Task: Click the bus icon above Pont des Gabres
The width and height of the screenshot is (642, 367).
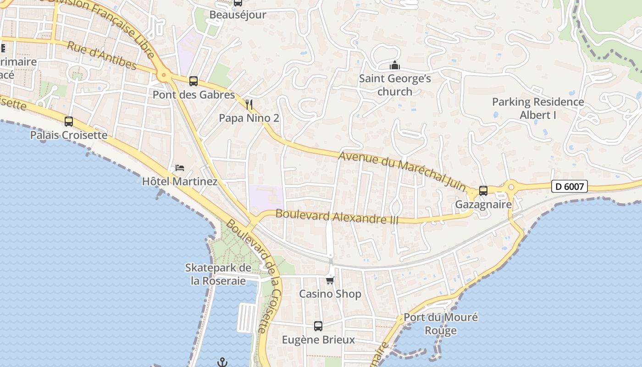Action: tap(194, 81)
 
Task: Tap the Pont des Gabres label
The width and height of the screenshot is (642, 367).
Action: tap(194, 95)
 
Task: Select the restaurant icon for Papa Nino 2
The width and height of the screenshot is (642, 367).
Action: tap(249, 105)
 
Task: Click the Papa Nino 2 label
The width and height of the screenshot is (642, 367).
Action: tap(249, 118)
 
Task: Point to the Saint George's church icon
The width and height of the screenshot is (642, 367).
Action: tap(395, 66)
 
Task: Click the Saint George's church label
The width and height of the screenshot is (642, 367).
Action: tap(395, 85)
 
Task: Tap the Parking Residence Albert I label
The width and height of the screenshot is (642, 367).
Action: tap(538, 108)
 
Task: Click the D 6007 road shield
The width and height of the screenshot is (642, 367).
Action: tap(569, 186)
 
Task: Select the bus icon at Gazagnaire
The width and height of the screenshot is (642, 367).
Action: tap(483, 191)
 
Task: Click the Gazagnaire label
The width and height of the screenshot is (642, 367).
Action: tap(483, 205)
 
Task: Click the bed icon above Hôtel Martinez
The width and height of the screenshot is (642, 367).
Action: tap(180, 168)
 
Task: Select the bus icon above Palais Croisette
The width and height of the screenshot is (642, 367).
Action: tap(69, 122)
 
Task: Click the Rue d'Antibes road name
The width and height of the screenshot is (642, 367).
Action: tap(102, 56)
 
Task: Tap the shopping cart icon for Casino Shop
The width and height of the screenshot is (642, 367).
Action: tap(330, 280)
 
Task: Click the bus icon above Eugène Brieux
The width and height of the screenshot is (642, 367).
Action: tap(318, 326)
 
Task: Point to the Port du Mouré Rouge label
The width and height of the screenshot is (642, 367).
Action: tap(441, 324)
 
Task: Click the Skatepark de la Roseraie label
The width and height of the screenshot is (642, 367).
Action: tap(218, 274)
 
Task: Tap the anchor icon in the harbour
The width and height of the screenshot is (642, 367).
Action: tap(222, 362)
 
